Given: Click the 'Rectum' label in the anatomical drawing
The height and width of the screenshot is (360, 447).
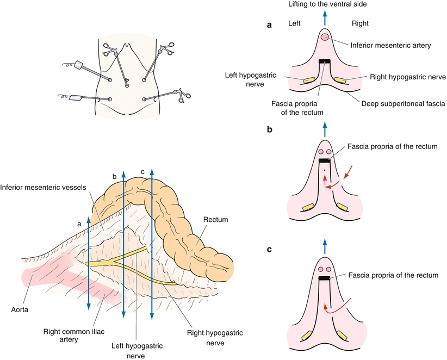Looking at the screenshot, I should tap(216, 220).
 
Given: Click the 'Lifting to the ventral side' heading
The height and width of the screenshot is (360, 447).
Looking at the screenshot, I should tap(325, 5).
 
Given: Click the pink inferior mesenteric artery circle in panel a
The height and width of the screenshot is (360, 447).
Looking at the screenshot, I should tap(325, 37).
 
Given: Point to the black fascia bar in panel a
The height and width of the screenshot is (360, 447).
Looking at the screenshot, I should tap(325, 61).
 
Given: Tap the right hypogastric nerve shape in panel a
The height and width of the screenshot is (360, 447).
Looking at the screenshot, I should tap(341, 80).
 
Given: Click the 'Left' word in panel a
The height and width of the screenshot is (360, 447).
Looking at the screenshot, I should tap(295, 23).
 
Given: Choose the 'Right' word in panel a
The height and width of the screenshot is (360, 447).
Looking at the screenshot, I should tap(355, 23).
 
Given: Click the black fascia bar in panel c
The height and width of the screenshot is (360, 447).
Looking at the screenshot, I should tap(325, 278).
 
